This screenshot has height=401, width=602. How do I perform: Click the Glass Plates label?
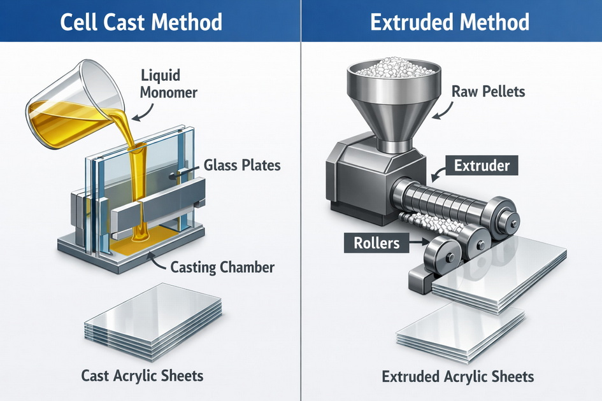(x=242, y=166)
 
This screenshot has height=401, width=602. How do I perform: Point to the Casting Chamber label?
(x=222, y=267)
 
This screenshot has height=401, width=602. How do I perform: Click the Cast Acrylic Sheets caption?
(x=142, y=376)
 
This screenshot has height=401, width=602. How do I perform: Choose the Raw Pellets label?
(x=488, y=91)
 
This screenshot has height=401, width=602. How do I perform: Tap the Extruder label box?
(x=482, y=166)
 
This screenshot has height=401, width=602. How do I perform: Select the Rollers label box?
(x=372, y=243)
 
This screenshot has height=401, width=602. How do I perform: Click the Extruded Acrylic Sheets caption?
(x=457, y=376)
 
